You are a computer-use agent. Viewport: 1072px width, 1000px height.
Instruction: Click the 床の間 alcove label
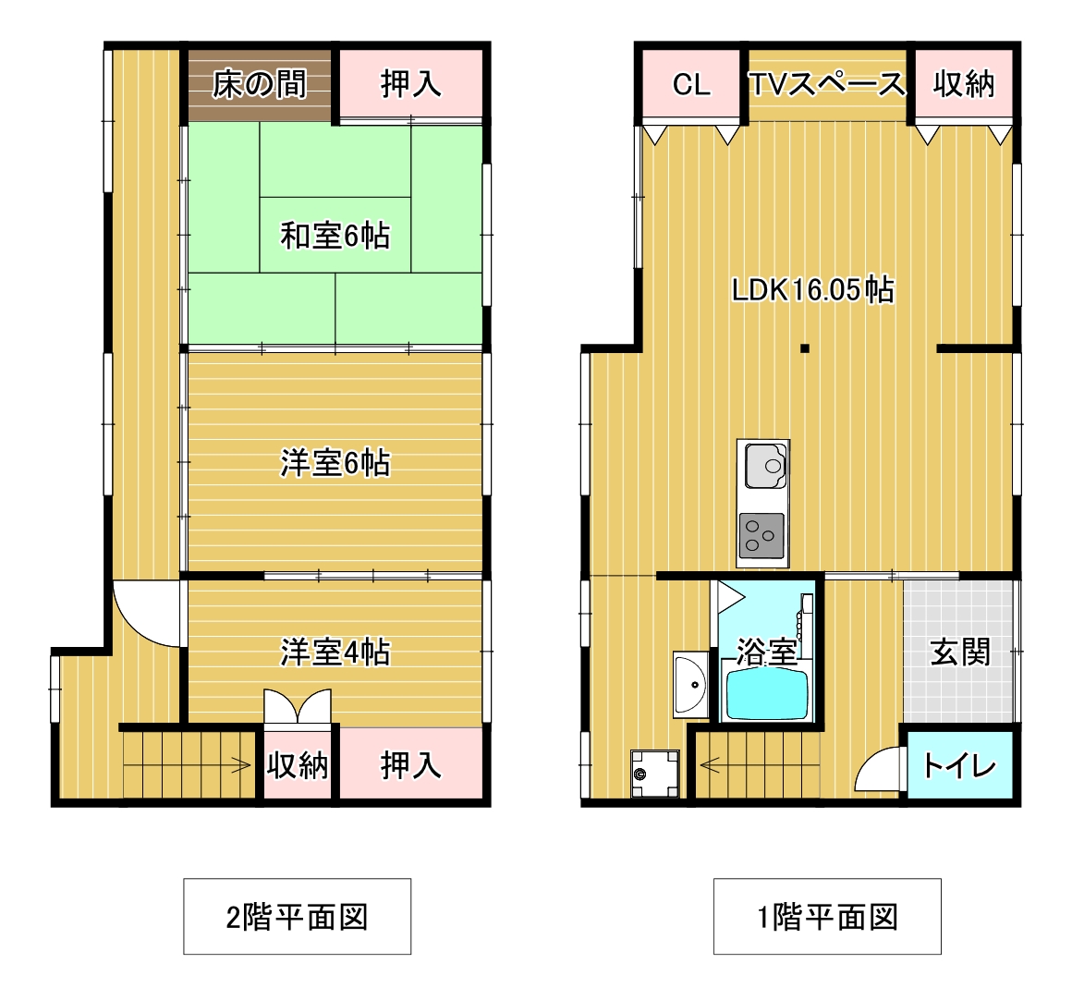259,85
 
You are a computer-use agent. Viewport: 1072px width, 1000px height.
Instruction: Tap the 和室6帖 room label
335,236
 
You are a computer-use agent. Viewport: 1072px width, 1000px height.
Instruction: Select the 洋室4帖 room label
335,652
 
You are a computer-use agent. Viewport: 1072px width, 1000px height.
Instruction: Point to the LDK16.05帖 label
813,289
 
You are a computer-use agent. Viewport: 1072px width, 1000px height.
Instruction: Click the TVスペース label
827,84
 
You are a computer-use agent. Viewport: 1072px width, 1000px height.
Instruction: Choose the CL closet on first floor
691,83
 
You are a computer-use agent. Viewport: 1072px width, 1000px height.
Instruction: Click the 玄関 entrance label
960,652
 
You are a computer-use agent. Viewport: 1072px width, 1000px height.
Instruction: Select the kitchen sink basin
765,466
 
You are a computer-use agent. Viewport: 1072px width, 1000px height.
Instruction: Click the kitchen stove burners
761,535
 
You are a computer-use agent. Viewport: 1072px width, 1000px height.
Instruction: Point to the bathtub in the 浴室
766,693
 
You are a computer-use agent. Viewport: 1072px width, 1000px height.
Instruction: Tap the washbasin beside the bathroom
691,684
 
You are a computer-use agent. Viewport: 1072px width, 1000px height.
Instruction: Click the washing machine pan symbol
655,774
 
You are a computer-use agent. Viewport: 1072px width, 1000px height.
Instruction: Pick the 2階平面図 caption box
297,916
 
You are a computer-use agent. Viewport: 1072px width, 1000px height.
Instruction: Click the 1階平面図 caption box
827,916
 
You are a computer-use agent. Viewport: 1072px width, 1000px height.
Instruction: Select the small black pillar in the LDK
805,348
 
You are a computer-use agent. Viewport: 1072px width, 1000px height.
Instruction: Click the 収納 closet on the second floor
298,765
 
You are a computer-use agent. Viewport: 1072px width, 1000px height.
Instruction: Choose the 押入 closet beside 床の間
411,83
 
